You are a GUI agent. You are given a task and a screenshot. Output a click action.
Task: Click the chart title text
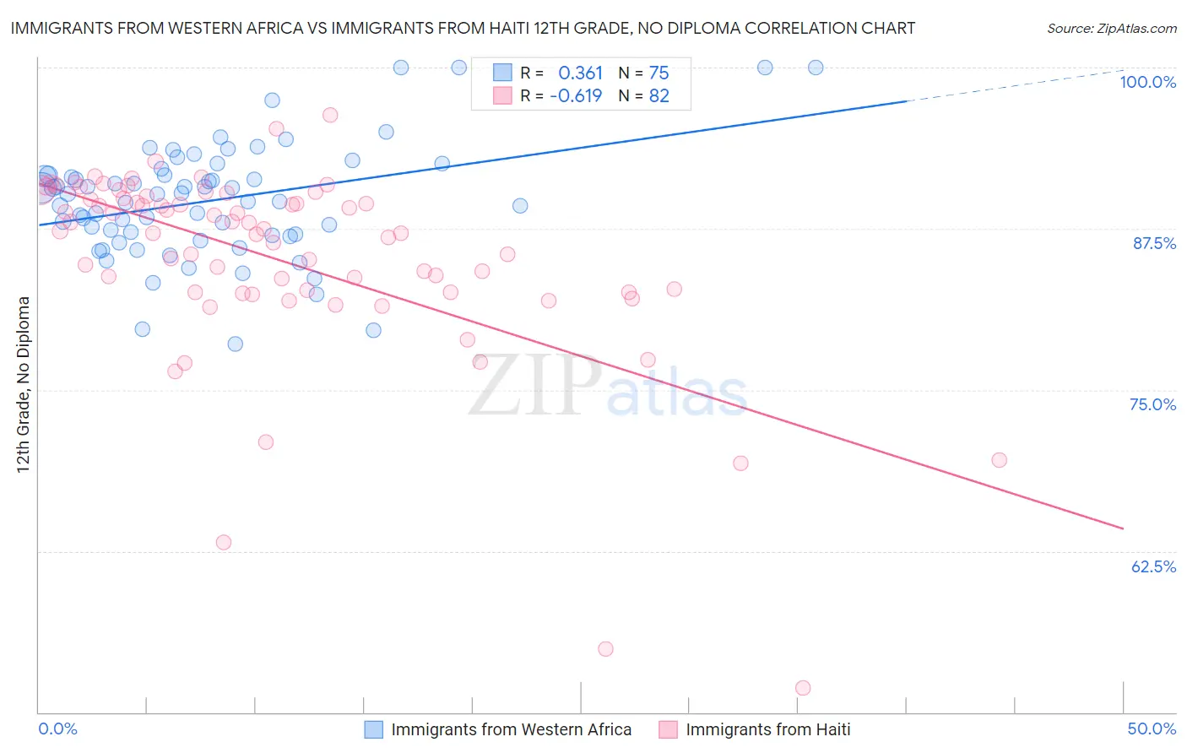(x=463, y=28)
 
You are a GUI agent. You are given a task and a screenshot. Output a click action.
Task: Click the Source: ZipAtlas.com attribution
(x=1111, y=28)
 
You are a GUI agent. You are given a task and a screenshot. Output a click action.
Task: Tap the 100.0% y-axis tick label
(x=1147, y=82)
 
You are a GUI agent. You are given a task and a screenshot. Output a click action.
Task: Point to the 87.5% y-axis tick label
(x=1154, y=243)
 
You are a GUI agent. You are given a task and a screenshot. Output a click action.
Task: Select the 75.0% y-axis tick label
(x=1152, y=404)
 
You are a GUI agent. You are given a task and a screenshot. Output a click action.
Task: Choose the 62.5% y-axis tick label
(x=1153, y=566)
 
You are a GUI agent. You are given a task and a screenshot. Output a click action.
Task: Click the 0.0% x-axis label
(x=57, y=729)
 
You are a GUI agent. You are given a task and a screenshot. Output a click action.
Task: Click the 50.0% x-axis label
(x=1152, y=729)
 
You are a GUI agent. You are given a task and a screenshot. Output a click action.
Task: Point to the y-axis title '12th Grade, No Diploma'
(x=24, y=384)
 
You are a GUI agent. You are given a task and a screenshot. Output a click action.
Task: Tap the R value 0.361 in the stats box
(x=581, y=73)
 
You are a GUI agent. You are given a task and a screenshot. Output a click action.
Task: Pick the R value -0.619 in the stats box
(x=576, y=95)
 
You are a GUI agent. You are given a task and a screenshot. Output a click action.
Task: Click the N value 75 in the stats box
(x=659, y=73)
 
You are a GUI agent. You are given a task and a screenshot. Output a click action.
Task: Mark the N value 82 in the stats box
(x=659, y=95)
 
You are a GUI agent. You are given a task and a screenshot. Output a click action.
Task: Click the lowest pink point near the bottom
(x=803, y=688)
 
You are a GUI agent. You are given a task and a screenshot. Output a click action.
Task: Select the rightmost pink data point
(x=1000, y=460)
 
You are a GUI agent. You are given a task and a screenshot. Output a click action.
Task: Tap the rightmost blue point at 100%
(x=816, y=68)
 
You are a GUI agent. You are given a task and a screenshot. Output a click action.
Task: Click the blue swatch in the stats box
(x=502, y=73)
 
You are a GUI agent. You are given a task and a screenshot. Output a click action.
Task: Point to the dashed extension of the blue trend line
(x=1013, y=85)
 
